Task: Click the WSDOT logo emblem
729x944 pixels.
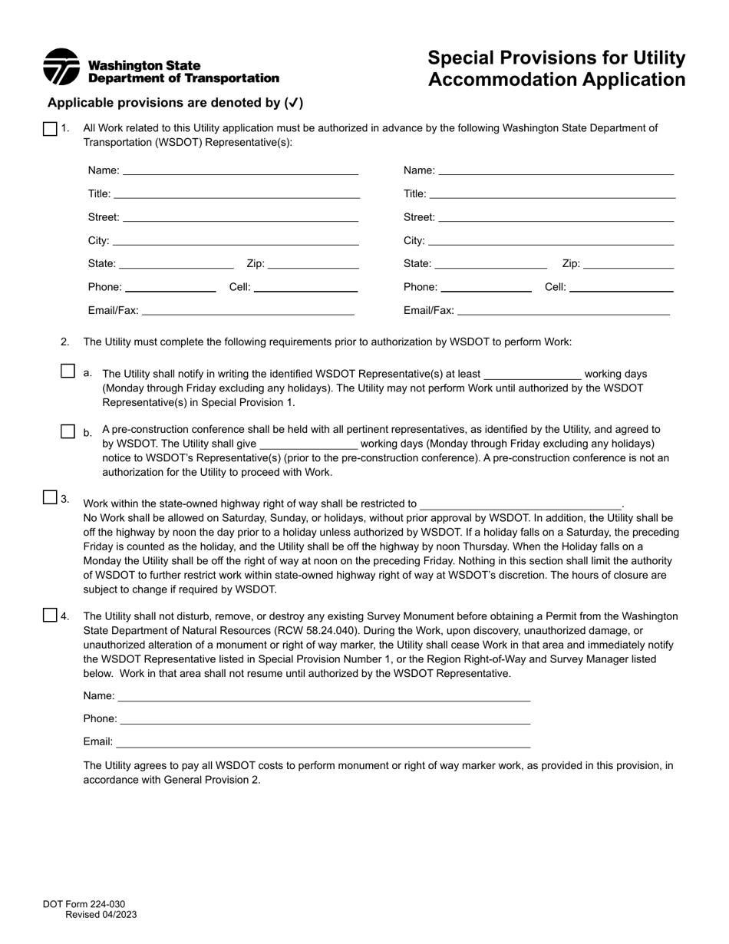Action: tap(61, 67)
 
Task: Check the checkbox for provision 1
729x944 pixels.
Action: tap(50, 129)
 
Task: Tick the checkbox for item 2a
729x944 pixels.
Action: tap(68, 371)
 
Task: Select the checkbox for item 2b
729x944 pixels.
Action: tap(68, 431)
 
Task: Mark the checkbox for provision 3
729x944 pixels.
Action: tap(50, 497)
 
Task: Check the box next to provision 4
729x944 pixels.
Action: tap(50, 615)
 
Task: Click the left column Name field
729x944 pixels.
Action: tap(240, 170)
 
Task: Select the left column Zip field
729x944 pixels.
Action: tap(313, 263)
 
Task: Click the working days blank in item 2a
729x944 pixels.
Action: tap(533, 374)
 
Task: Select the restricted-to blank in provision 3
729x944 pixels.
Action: tap(521, 503)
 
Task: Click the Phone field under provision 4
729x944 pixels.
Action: tap(325, 718)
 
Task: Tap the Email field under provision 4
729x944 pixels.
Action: tap(322, 741)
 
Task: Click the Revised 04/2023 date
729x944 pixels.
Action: tap(101, 915)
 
